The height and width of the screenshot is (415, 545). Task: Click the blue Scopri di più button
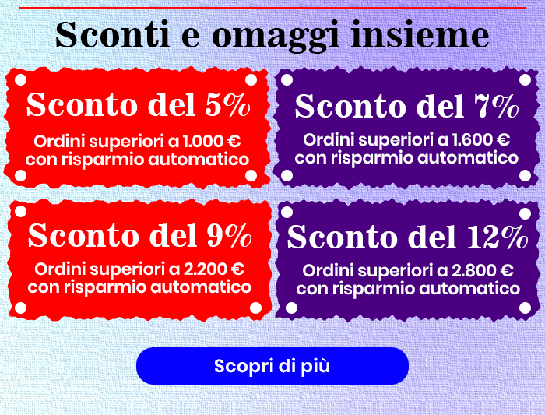(x=272, y=366)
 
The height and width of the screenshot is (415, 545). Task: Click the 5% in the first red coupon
(x=227, y=105)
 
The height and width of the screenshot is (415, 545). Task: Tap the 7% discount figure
(x=494, y=107)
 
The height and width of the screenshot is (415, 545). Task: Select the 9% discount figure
(x=229, y=234)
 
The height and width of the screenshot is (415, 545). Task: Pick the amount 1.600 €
(x=483, y=140)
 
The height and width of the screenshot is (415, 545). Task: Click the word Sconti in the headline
(x=102, y=35)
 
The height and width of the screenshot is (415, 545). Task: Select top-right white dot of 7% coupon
(x=522, y=81)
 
